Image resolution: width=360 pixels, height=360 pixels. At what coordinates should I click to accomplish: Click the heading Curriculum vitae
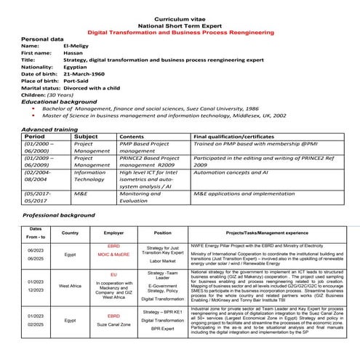coord(180,17)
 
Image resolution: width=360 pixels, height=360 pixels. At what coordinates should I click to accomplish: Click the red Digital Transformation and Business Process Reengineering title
coord(180,33)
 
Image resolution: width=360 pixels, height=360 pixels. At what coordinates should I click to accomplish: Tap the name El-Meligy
coord(79,45)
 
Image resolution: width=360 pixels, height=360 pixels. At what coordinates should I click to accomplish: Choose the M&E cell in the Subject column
coord(81,195)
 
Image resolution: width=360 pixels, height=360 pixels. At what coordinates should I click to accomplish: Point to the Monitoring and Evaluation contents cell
coord(140,199)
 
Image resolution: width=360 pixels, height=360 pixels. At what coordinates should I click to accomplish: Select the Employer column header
coord(113,233)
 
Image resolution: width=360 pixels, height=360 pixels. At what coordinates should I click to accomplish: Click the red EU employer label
coord(113,274)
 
